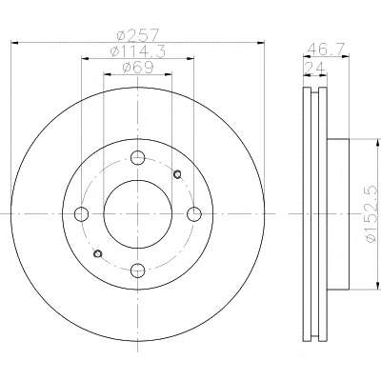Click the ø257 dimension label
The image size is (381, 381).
[137, 34]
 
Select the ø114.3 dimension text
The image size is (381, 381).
[138, 51]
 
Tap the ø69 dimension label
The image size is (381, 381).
[138, 67]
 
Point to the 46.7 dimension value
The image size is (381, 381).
[326, 49]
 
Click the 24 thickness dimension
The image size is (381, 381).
[314, 68]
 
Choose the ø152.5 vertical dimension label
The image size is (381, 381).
[372, 214]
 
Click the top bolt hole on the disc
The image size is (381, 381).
[138, 158]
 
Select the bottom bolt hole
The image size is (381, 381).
[138, 271]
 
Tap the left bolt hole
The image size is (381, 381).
[81, 214]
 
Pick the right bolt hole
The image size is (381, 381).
[194, 214]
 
